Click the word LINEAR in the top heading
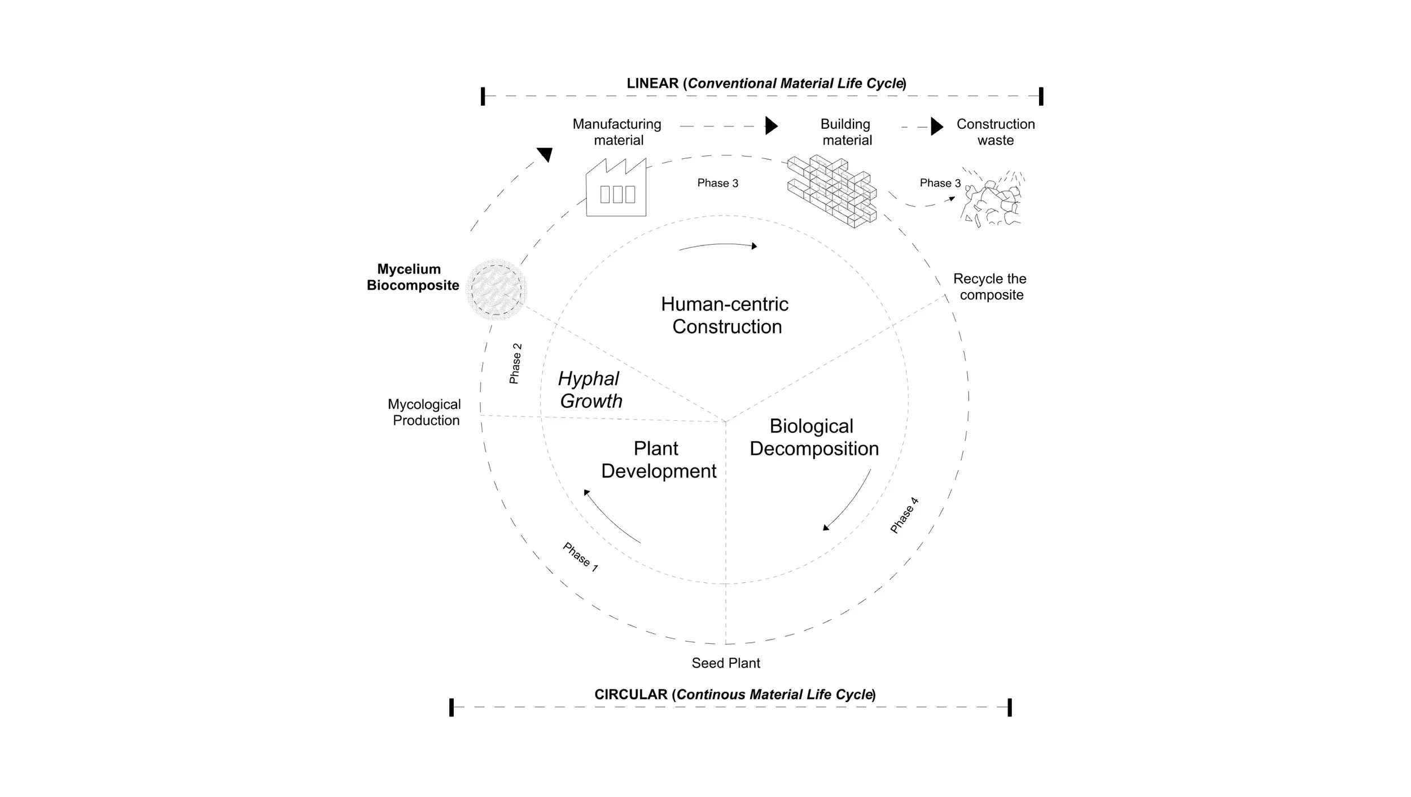(652, 84)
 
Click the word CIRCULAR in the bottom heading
(630, 694)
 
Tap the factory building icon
(616, 189)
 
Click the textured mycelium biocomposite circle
(497, 289)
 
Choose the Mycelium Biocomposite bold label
(412, 277)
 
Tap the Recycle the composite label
(991, 286)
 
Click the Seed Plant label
(726, 663)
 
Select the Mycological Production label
(424, 412)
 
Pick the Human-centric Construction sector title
(726, 315)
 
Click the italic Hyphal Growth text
(590, 390)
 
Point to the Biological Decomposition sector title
(813, 437)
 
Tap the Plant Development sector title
(658, 459)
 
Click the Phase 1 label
(580, 557)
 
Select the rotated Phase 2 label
(515, 364)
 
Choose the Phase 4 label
(904, 515)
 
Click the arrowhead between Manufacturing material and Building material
(771, 125)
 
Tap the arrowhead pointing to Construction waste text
(937, 127)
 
